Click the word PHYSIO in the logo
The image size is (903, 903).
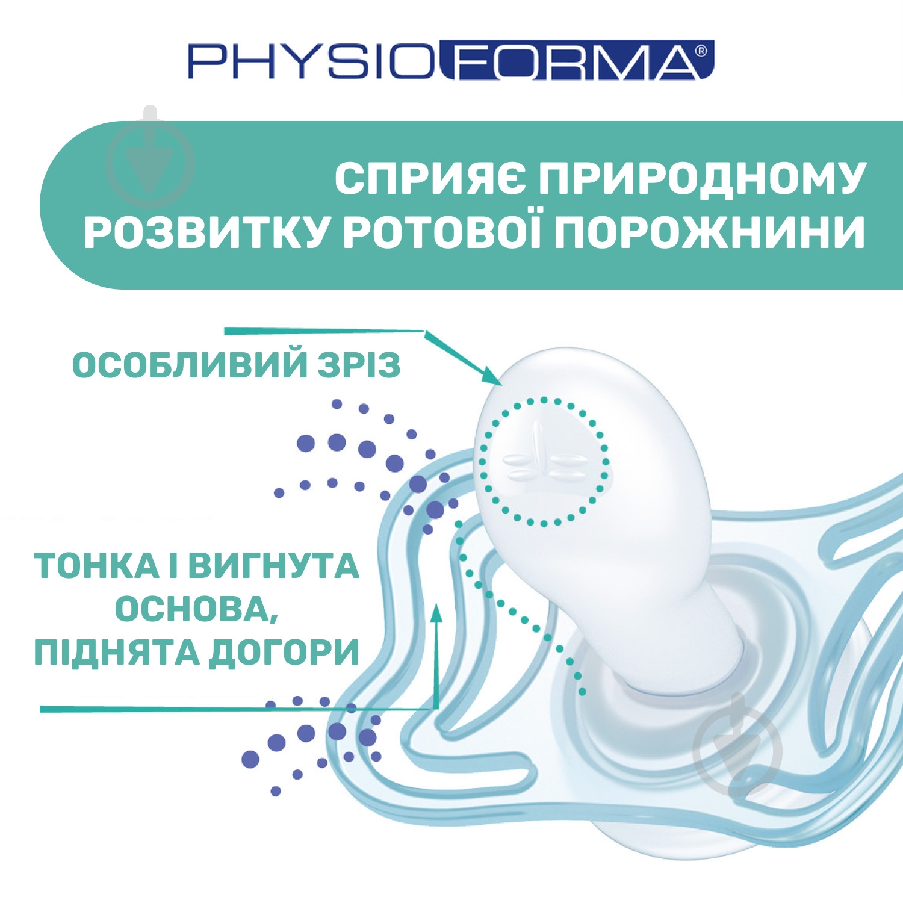coord(310,61)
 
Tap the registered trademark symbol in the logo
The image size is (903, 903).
coord(701,51)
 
